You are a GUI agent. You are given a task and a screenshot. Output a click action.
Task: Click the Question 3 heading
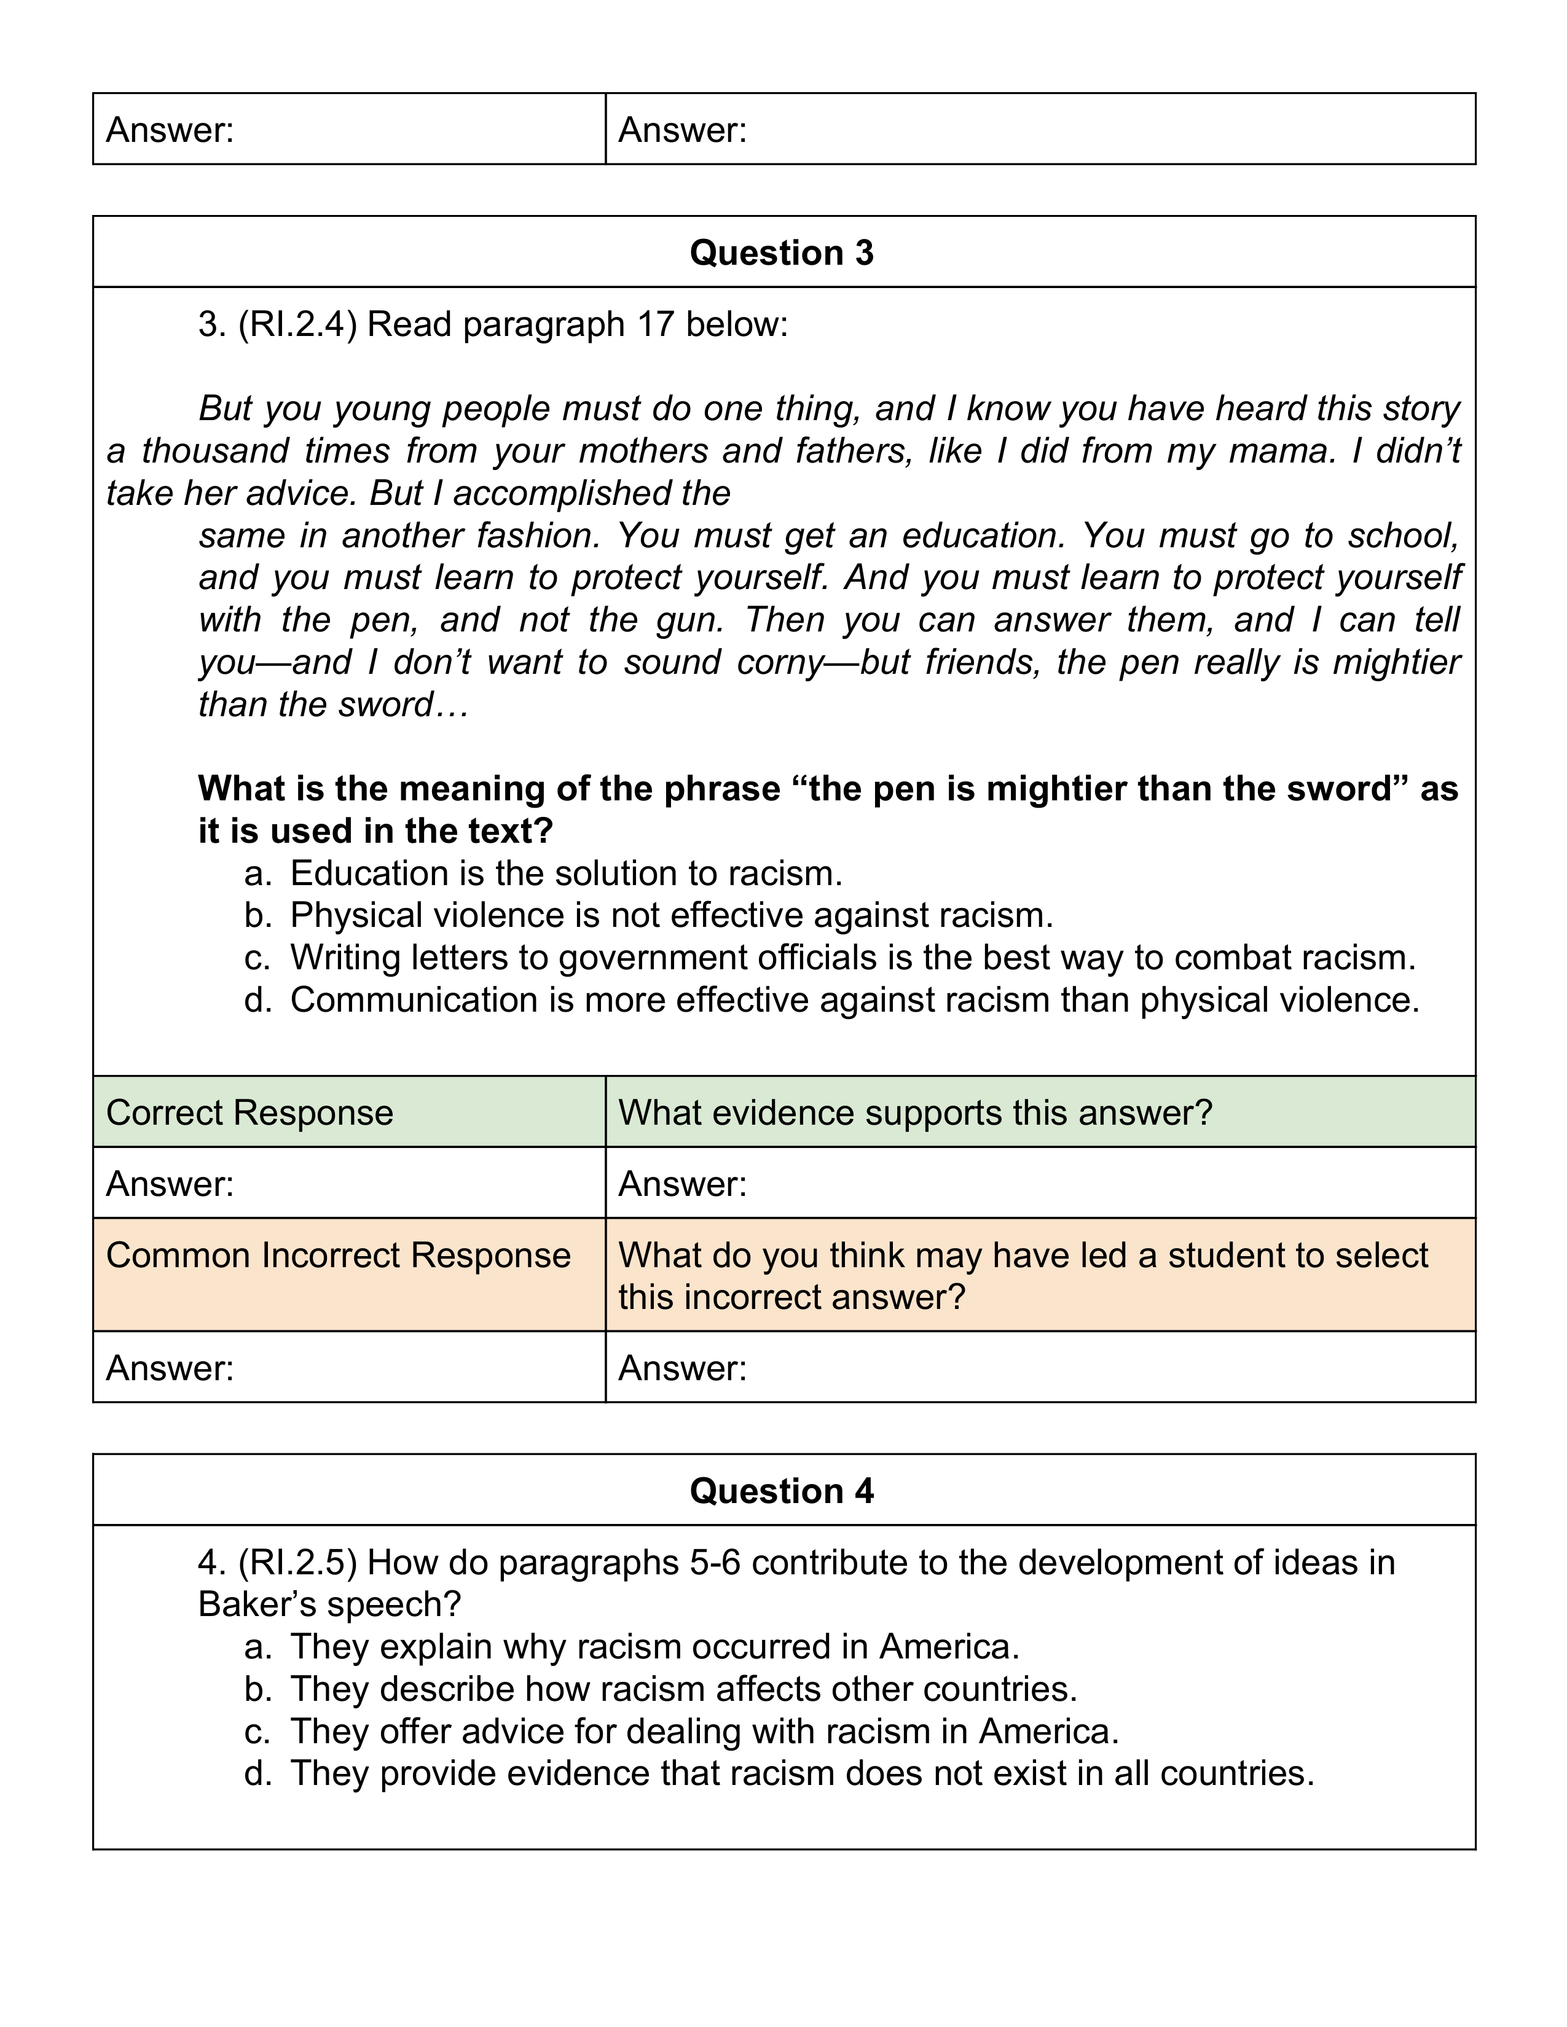(x=782, y=253)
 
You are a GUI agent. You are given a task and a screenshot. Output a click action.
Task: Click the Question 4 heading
(x=782, y=1491)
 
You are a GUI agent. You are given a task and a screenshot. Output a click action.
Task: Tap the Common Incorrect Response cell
(x=338, y=1256)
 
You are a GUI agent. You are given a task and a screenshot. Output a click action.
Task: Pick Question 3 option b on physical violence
(x=671, y=916)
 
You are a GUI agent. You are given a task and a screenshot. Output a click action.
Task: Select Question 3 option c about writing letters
(x=852, y=958)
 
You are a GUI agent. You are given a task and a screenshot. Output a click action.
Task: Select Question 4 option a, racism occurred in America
(x=654, y=1646)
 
